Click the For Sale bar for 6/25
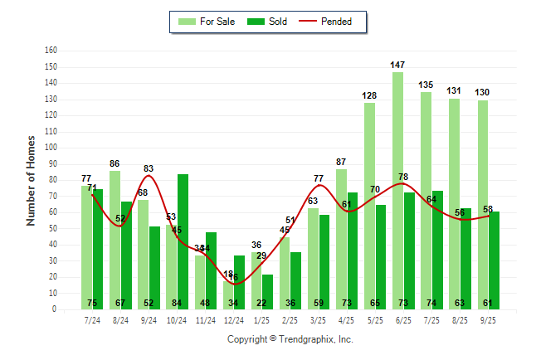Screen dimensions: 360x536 (398, 190)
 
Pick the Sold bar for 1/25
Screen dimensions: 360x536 (267, 291)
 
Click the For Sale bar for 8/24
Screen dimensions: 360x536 (115, 240)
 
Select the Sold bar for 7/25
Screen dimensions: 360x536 (437, 249)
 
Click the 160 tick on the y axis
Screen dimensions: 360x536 (51, 51)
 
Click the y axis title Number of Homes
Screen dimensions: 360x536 (31, 180)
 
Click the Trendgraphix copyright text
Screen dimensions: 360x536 (290, 339)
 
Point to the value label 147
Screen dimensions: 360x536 (398, 65)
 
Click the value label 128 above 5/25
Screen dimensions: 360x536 (369, 96)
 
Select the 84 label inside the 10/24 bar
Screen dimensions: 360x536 (183, 303)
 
